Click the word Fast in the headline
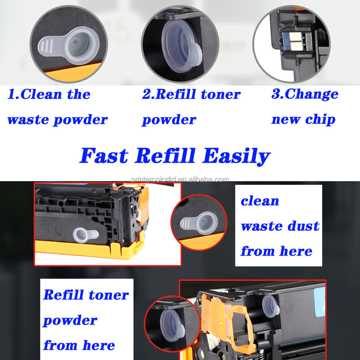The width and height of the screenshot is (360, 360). [106, 156]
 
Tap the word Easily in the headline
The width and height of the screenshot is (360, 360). [236, 156]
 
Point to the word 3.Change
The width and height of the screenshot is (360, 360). [304, 94]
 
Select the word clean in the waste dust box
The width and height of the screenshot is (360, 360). [260, 201]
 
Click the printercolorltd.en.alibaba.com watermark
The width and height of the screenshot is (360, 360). [180, 179]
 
